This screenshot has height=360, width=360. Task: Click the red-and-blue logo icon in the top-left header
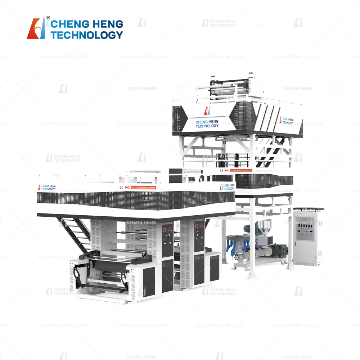tap(36, 28)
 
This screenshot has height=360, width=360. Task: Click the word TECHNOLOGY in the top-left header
tap(87, 35)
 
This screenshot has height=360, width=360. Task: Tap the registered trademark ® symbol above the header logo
tap(48, 18)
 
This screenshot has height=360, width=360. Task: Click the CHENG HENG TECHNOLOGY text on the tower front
tap(207, 124)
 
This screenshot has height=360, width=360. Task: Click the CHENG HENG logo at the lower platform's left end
tap(47, 188)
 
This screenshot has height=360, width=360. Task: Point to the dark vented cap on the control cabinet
tap(309, 209)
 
